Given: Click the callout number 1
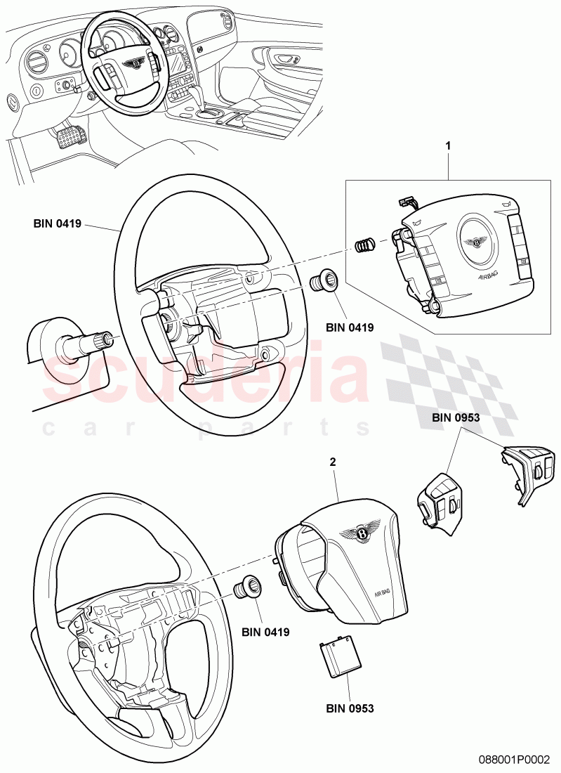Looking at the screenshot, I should point(448,146).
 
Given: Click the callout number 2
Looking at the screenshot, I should point(333,462).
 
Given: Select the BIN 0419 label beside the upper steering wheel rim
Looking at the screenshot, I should point(58,224).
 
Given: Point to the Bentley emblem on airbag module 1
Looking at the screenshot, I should point(476,242).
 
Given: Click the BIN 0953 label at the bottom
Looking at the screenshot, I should point(350,708).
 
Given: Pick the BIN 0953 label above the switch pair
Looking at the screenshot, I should point(456,417).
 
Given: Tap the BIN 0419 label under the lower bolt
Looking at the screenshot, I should point(266,632).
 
